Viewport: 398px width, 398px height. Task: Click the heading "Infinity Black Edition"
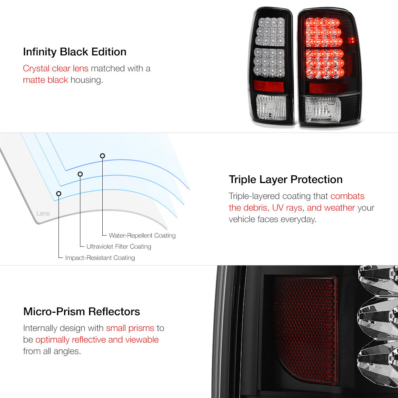point(75,52)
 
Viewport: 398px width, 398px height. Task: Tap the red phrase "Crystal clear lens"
point(56,68)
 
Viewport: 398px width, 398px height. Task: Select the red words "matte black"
point(45,80)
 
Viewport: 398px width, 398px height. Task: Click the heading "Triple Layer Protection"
point(286,179)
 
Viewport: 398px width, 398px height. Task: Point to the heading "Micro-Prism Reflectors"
point(82,311)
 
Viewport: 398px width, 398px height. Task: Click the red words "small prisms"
point(130,328)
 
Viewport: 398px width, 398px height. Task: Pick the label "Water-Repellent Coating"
point(142,236)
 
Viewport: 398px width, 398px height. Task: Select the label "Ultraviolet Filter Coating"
point(119,247)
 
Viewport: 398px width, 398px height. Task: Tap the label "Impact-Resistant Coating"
point(100,258)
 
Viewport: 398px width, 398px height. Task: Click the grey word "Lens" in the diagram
point(43,213)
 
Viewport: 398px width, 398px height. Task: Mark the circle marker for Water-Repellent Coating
point(102,156)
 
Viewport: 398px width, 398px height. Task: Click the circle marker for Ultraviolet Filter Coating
point(80,174)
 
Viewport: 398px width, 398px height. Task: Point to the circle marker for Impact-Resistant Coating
point(59,193)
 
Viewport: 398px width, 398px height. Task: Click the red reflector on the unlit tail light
point(269,86)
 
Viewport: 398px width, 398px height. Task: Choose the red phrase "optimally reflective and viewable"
point(97,340)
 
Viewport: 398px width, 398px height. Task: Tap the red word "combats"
point(347,196)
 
